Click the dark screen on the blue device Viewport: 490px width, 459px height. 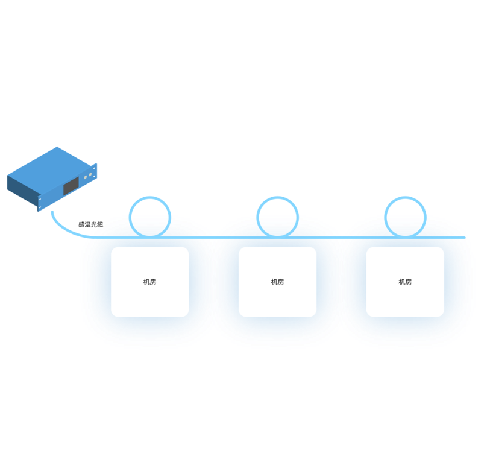(x=71, y=186)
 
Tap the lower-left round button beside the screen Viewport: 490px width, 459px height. (x=86, y=177)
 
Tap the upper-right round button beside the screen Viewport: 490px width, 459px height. (x=90, y=174)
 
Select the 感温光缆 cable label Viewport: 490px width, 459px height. (x=90, y=224)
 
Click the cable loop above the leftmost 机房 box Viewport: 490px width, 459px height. (x=150, y=197)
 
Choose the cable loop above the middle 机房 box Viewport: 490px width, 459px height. (x=277, y=197)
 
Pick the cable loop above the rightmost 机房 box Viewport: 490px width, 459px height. (x=405, y=197)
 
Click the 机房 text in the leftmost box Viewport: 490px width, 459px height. (x=149, y=282)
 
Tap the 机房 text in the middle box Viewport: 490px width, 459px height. (x=277, y=282)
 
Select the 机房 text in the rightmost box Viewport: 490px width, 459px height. (x=405, y=282)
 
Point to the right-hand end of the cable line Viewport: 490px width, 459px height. (x=465, y=238)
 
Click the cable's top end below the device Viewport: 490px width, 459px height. (x=52, y=212)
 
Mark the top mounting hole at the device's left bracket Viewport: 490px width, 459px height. (x=40, y=199)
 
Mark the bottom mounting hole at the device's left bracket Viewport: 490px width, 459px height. (x=40, y=207)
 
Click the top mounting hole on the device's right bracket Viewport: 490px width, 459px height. (x=95, y=168)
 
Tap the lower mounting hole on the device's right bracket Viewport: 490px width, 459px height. (x=95, y=176)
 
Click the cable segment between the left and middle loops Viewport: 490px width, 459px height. (x=214, y=238)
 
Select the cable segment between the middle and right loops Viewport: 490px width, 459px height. (x=341, y=238)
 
